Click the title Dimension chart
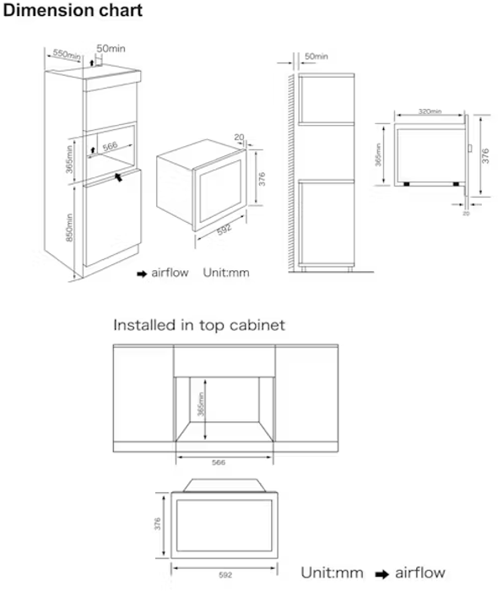(73, 12)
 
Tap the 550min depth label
(68, 54)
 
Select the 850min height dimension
(71, 227)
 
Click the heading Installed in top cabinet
(199, 325)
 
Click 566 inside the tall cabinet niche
(109, 146)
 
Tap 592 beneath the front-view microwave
(224, 574)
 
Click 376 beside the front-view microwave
(157, 524)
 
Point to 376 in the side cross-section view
(484, 157)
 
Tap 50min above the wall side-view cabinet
(316, 56)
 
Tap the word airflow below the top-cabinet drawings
(420, 573)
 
